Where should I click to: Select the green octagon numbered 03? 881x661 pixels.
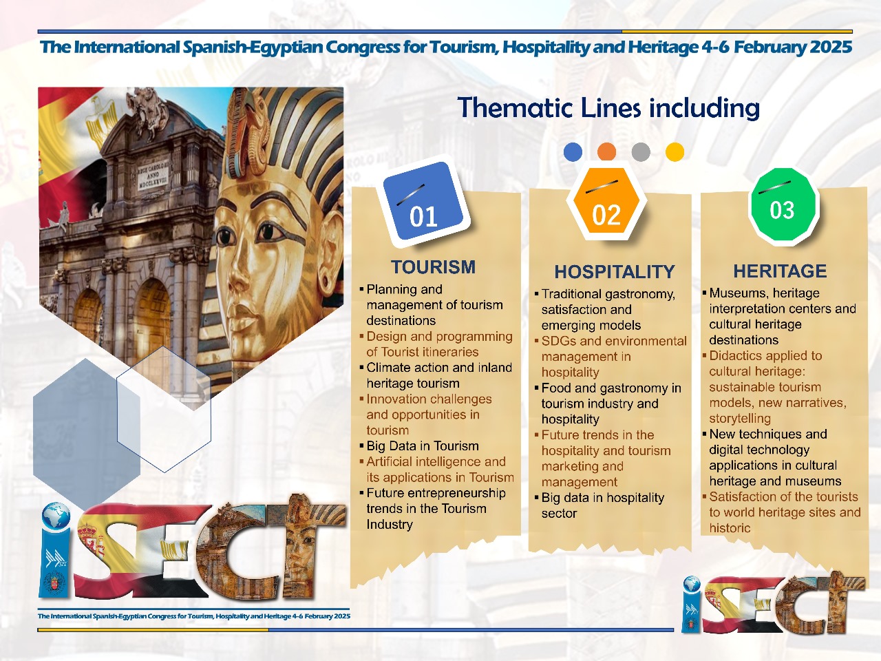(783, 204)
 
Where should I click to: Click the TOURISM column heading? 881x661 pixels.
(433, 267)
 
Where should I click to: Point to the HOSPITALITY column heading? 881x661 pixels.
(615, 272)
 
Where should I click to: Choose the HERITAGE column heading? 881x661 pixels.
(780, 271)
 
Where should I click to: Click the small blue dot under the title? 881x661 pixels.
(573, 152)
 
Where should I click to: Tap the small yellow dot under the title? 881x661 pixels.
(675, 152)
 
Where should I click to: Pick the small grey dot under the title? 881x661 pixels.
(641, 152)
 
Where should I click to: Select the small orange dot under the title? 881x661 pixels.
(606, 152)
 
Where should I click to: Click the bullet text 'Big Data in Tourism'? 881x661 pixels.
(422, 446)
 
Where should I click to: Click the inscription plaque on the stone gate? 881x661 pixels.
(153, 175)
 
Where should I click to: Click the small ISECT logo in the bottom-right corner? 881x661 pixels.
(773, 604)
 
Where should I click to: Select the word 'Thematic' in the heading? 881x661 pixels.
(515, 108)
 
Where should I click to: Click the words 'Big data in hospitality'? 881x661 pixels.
(602, 498)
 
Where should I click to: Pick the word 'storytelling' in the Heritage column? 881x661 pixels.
(740, 418)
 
